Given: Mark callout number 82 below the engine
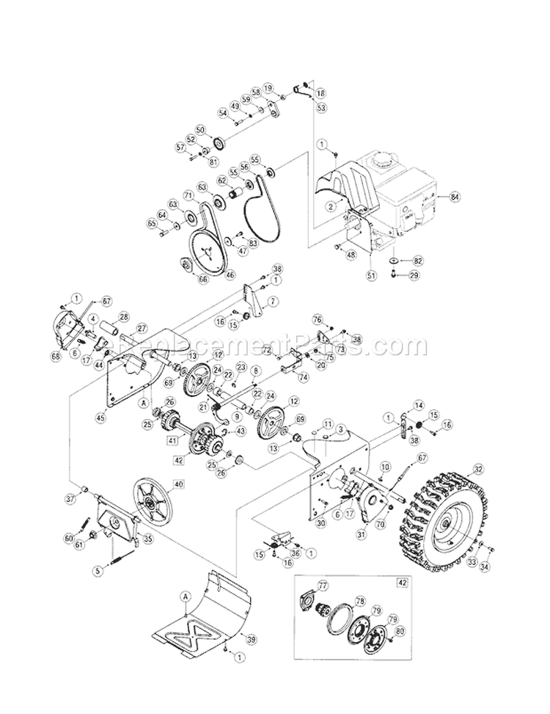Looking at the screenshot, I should click(418, 261).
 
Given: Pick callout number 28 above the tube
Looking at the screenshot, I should click(122, 317).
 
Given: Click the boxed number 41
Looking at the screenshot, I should click(171, 441).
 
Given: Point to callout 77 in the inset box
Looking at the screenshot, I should click(323, 586).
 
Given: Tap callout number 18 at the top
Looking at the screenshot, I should click(320, 93).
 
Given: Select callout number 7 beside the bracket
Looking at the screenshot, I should click(272, 301).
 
